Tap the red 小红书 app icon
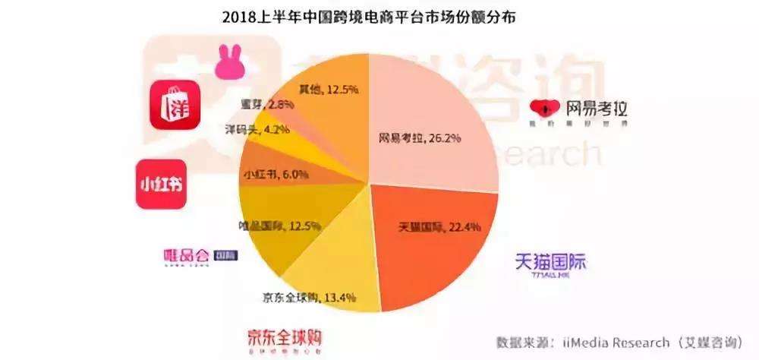point(161,184)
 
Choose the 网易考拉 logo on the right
point(579,112)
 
